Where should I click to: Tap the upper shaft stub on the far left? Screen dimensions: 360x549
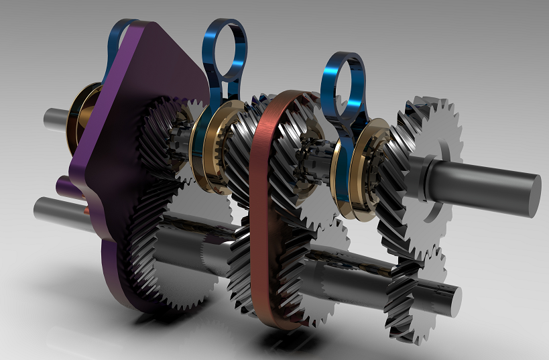tap(57, 119)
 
